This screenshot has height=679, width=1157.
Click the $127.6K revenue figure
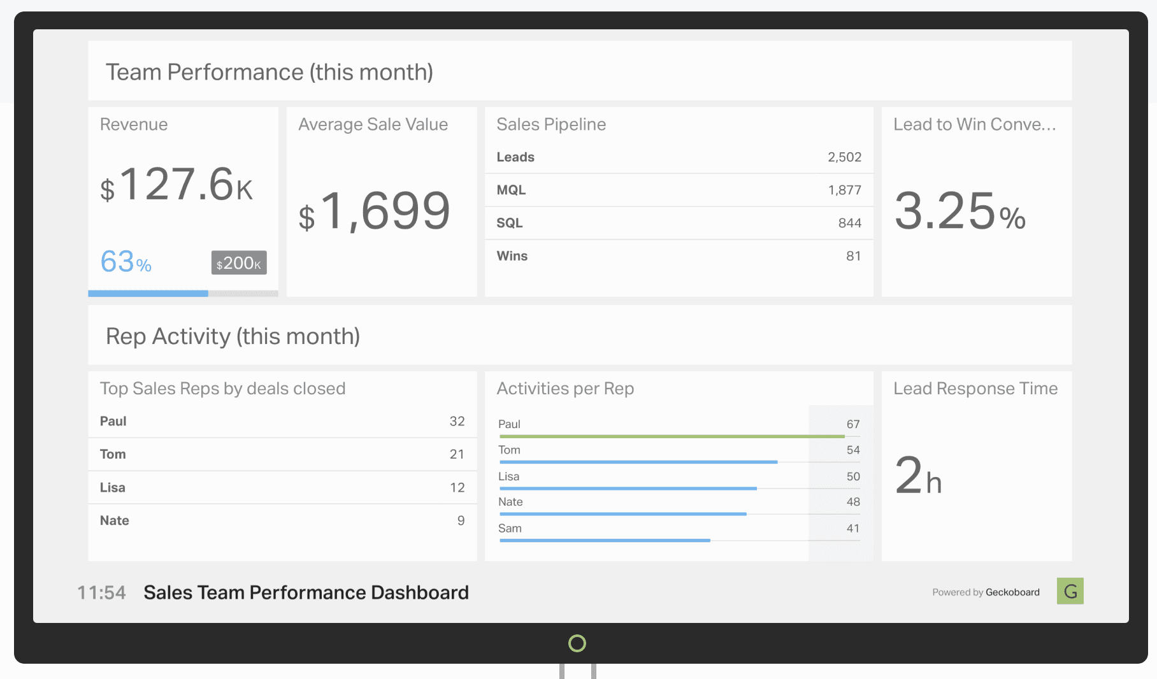click(x=176, y=185)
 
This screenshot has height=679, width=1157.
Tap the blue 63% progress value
click(x=126, y=262)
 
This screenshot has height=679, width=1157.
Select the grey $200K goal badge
click(x=239, y=262)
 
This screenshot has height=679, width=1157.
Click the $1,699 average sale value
click(x=375, y=211)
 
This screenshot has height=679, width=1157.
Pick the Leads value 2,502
click(x=844, y=157)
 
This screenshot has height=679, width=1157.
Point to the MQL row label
click(x=511, y=190)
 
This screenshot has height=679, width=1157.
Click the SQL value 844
click(x=849, y=223)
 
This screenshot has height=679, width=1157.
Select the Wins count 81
click(x=853, y=256)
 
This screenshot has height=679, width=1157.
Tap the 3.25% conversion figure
click(x=959, y=212)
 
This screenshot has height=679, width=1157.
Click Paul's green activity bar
click(x=672, y=436)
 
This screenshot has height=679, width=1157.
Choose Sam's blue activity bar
click(x=605, y=540)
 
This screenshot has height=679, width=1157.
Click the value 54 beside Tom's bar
click(x=853, y=450)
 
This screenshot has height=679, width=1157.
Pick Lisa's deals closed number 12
click(x=457, y=487)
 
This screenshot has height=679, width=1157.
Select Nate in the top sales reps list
click(x=115, y=520)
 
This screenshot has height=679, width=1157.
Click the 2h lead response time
click(x=918, y=476)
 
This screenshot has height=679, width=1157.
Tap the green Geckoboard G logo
click(x=1070, y=591)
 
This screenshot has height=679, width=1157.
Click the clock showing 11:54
click(x=101, y=593)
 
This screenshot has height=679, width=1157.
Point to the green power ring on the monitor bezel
click(x=577, y=643)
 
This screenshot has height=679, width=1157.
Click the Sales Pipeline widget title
click(x=551, y=124)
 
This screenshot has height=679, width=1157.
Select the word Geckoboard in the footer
click(x=1012, y=592)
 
